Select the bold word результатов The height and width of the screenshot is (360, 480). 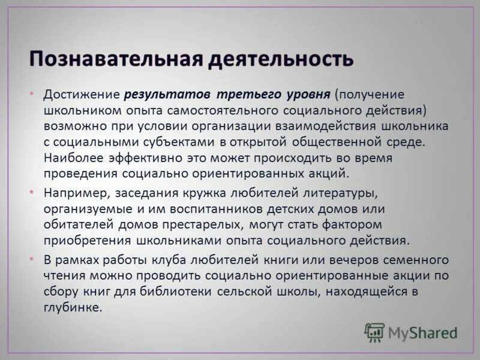click(169, 95)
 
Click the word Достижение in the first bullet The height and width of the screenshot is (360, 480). click(82, 95)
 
